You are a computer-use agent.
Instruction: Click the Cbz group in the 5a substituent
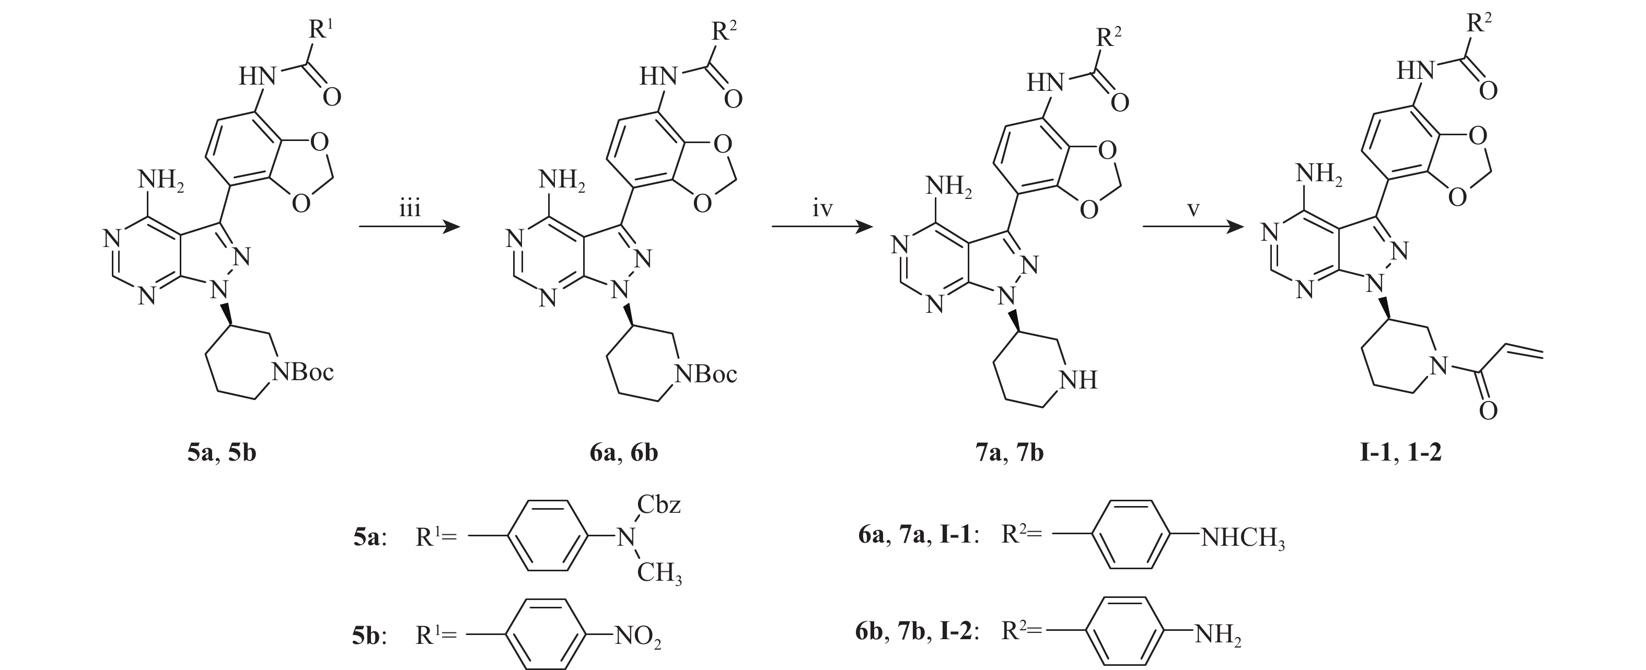659,504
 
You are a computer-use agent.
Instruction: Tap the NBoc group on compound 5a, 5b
303,372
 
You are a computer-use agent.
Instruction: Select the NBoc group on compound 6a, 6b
706,374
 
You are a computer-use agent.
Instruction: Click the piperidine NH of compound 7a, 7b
1079,380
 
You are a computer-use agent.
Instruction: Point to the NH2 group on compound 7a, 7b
948,186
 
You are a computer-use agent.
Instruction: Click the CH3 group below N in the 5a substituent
659,573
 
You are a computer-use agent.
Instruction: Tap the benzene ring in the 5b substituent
547,634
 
